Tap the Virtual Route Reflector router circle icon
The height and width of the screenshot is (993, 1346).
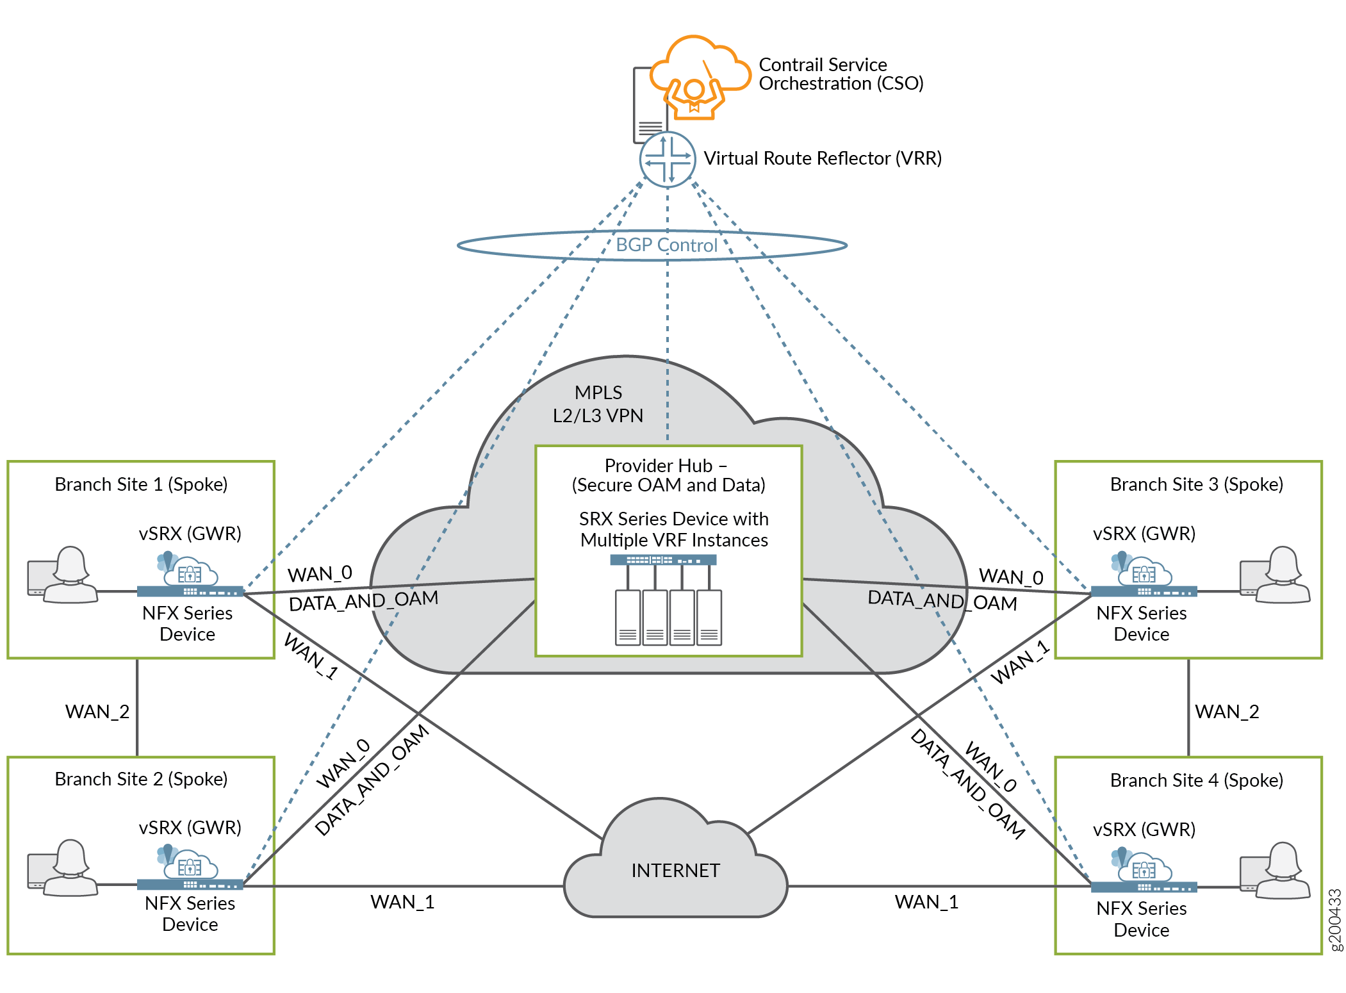point(668,160)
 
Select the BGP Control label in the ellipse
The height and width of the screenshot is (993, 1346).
point(666,245)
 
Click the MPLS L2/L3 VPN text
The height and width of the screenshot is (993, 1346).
point(598,404)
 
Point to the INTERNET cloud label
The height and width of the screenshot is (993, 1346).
point(675,871)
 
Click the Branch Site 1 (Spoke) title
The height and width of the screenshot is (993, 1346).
point(141,484)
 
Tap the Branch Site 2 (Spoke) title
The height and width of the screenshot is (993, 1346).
point(141,779)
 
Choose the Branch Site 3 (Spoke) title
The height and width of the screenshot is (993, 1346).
point(1196,484)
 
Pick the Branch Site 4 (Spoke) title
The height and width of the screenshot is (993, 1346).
point(1196,780)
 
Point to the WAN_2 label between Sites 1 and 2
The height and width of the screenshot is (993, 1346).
point(97,712)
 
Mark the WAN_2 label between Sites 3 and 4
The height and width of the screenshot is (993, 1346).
point(1227,712)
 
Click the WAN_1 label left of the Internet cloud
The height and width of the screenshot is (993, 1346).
point(402,902)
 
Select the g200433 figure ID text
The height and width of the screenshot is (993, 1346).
point(1334,920)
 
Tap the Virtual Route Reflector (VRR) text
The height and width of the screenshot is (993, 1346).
point(823,158)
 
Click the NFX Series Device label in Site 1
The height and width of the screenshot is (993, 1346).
point(187,623)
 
